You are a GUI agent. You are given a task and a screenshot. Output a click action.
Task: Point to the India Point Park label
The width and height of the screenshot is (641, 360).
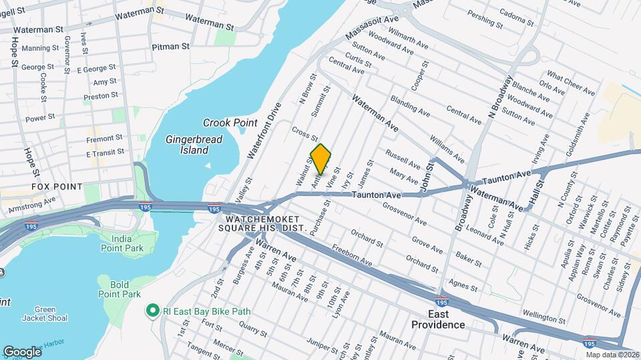122,243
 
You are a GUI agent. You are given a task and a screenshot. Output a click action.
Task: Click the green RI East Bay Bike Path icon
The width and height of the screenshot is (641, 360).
152,310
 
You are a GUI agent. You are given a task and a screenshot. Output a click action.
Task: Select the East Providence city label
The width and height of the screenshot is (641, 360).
438,319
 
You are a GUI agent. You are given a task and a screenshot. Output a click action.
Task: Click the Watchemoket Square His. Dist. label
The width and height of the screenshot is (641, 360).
266,223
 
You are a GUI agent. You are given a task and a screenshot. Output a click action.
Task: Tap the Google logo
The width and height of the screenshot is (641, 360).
22,351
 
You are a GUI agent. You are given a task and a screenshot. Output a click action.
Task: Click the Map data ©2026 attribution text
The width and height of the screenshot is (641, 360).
612,355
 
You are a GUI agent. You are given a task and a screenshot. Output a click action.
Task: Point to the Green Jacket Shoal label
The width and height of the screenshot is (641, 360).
45,314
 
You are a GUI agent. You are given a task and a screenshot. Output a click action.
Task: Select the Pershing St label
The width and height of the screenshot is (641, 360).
485,19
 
